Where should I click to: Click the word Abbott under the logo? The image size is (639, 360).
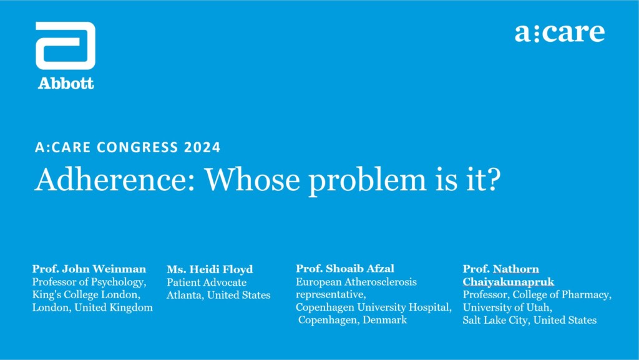(66, 84)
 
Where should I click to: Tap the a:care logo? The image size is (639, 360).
(560, 32)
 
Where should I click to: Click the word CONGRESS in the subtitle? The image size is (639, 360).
(138, 147)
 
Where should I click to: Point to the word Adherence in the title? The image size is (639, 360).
(115, 179)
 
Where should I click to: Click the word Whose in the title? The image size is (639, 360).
(252, 179)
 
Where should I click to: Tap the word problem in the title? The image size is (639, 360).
(367, 181)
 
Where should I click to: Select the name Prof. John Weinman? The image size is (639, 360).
(89, 269)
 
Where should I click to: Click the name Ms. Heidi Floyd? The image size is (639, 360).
(210, 269)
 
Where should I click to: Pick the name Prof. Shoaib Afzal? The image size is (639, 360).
(344, 268)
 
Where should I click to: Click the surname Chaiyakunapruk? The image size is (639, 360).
(508, 282)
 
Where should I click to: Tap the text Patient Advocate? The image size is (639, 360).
(206, 282)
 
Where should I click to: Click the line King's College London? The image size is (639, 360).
(86, 294)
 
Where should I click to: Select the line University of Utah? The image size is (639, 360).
(507, 308)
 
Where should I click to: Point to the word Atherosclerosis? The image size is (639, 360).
(380, 281)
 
